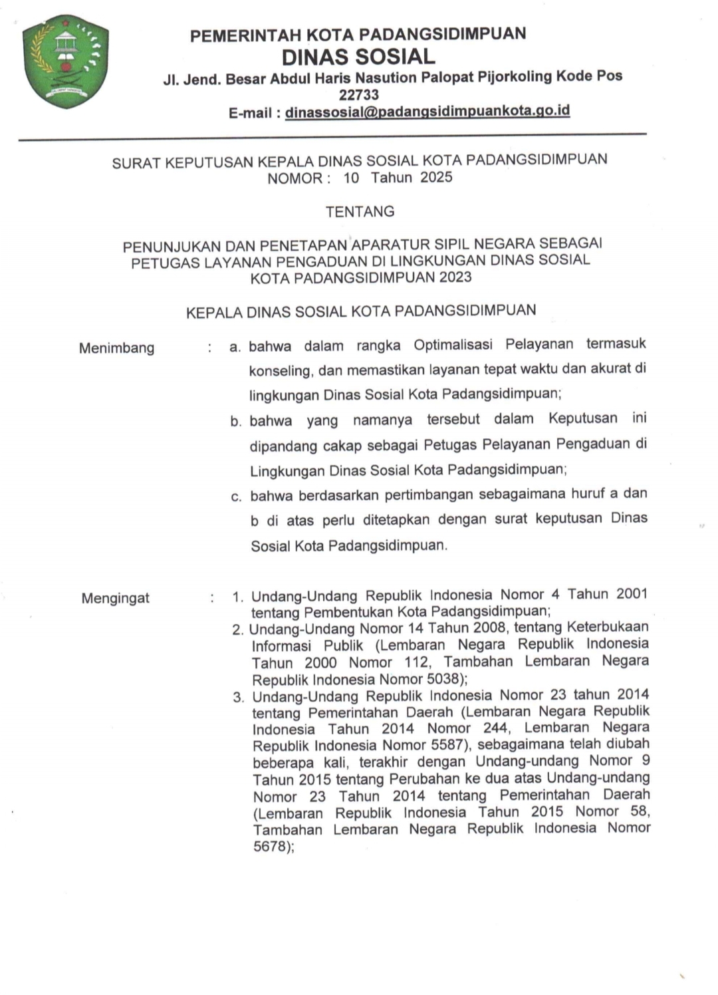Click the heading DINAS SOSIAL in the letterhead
(358, 56)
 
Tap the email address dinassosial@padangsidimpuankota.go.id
(427, 111)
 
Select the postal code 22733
(358, 94)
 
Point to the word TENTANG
(360, 212)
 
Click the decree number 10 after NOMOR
(351, 178)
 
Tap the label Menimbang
(116, 348)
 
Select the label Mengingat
(115, 598)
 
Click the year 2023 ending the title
(455, 277)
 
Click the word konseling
(279, 370)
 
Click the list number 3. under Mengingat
(238, 697)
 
